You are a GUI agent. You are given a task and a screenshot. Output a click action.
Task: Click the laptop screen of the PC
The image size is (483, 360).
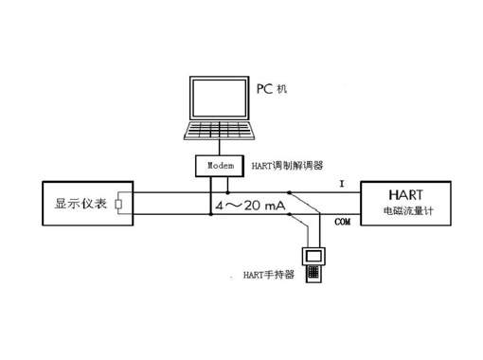click(x=220, y=99)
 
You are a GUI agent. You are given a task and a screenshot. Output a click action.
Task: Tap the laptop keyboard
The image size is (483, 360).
click(x=220, y=129)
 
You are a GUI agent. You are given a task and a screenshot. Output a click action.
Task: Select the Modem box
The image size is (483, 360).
click(x=220, y=166)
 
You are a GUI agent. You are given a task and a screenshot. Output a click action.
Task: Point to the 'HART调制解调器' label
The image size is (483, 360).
click(x=289, y=166)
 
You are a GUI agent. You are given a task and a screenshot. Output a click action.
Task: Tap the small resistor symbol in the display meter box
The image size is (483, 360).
click(x=117, y=204)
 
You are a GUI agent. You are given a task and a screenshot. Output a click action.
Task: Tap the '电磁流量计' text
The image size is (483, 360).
click(x=404, y=210)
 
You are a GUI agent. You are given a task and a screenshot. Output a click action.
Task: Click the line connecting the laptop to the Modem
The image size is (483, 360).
click(x=220, y=148)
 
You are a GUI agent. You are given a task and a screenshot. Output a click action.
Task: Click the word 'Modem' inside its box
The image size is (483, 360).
click(x=220, y=166)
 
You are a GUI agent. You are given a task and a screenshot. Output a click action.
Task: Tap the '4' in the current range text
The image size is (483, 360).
click(x=220, y=206)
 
